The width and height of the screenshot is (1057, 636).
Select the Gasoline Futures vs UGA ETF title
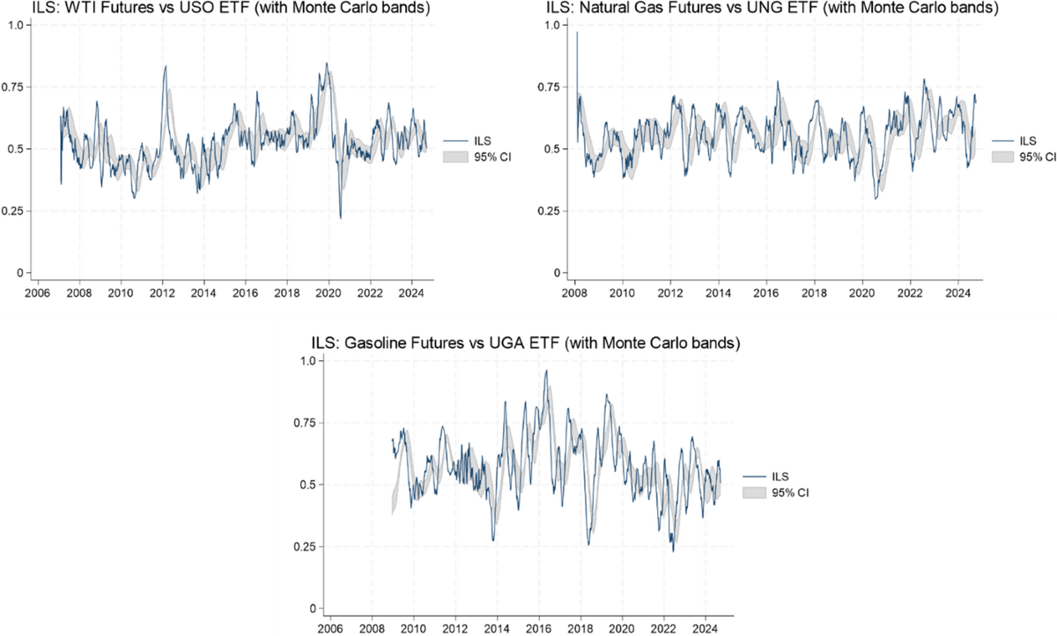click(x=523, y=344)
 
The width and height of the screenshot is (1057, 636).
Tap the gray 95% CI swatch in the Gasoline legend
click(x=755, y=492)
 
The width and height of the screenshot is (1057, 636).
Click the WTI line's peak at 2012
click(x=166, y=66)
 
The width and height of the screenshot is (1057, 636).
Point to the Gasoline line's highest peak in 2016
click(x=547, y=371)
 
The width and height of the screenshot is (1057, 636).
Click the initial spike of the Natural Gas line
click(x=577, y=33)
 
